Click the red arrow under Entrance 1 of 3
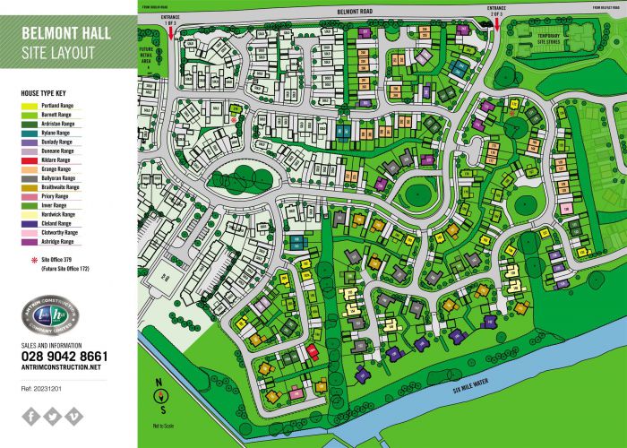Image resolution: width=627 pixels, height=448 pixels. pyautogui.click(x=170, y=32)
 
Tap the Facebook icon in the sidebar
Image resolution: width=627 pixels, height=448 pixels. pyautogui.click(x=31, y=415)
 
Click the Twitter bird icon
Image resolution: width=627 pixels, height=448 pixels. pyautogui.click(x=53, y=415)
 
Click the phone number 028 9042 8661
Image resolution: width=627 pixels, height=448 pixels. pyautogui.click(x=64, y=356)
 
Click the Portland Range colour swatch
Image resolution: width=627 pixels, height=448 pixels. pyautogui.click(x=28, y=106)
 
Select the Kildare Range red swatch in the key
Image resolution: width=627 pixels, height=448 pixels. pyautogui.click(x=28, y=159)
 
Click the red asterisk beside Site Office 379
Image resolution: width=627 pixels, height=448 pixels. pyautogui.click(x=26, y=257)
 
